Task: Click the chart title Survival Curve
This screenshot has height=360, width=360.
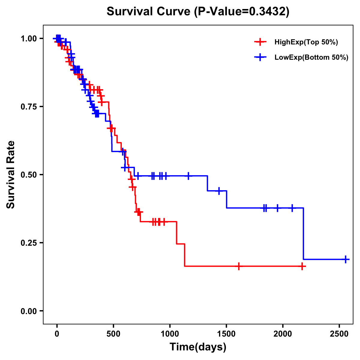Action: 198,12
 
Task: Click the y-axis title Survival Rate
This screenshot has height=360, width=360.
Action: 11,175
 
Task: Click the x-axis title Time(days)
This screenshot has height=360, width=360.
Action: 198,347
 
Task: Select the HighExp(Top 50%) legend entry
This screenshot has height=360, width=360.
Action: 306,42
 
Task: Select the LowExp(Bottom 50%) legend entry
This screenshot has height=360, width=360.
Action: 311,58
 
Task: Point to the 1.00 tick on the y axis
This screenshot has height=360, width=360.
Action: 29,38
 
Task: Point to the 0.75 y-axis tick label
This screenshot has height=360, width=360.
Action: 29,106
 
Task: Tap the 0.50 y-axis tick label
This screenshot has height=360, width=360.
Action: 29,175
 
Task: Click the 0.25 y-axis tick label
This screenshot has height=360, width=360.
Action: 29,243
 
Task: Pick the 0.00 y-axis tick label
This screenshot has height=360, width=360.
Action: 29,311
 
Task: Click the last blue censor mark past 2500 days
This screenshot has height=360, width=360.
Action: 346,259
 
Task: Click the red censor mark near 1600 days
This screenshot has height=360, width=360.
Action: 239,266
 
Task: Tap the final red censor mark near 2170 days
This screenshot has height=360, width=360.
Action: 302,266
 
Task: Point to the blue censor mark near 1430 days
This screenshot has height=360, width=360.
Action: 219,191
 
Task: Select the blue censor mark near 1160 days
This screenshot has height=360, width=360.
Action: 188,176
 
